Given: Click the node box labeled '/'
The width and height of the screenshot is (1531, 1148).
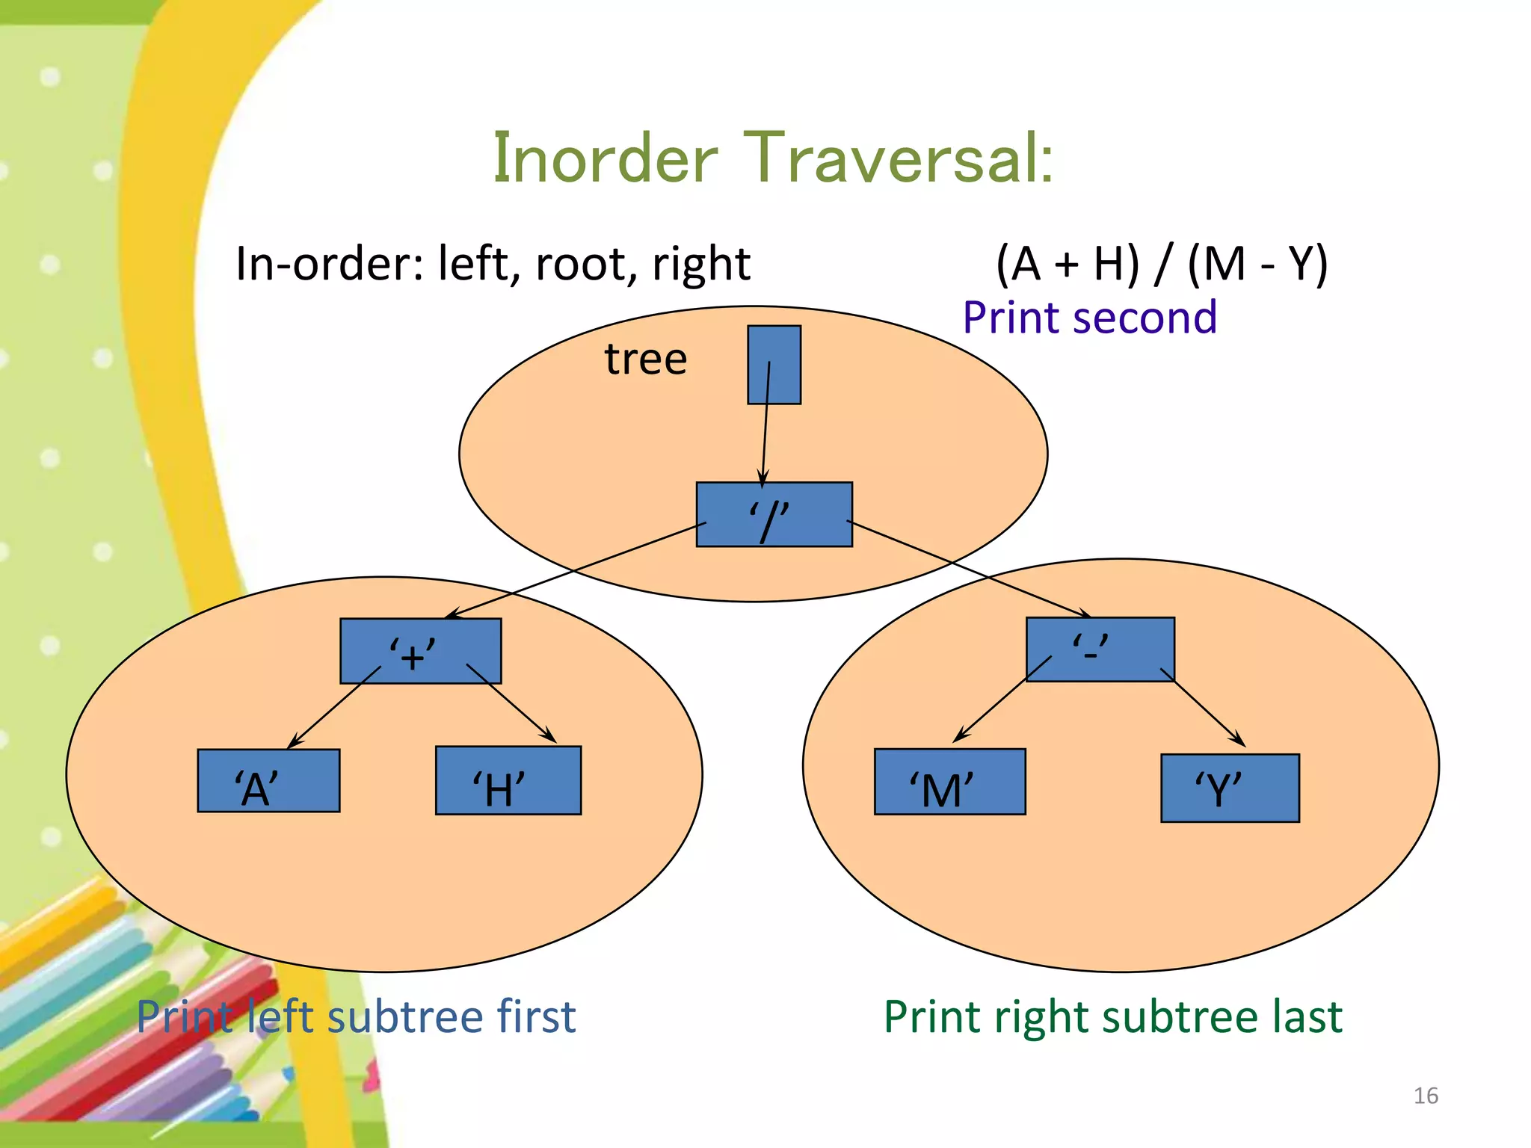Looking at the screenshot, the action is coord(774,515).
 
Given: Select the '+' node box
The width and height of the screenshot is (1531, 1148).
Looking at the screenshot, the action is coord(420,651).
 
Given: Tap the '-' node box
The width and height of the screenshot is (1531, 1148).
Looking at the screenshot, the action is coord(1100,649).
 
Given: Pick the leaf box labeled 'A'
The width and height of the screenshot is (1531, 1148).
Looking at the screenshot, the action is coord(268,781).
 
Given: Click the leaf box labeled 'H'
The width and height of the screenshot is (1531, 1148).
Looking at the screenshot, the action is coord(508,781).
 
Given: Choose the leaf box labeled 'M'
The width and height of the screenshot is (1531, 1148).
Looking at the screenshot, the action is coord(949,782).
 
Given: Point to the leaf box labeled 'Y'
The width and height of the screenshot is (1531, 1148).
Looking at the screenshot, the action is coord(1230,789).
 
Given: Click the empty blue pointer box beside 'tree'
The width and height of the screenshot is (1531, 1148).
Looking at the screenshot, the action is coord(774,365).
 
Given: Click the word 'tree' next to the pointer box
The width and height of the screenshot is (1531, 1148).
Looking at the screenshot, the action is coord(646,359).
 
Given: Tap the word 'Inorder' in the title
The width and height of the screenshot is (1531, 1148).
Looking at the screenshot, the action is coord(606,158).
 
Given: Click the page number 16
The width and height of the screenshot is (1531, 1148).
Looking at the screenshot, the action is coord(1426,1096).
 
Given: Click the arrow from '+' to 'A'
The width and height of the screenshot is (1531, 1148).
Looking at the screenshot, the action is coord(334,706).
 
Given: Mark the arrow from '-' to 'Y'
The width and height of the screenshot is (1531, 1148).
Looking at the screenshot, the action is coord(1203,708).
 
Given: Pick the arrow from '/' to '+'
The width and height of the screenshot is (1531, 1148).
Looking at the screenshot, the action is coord(576,570).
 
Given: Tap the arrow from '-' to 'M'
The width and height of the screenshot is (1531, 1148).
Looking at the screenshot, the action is coord(1002,700).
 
